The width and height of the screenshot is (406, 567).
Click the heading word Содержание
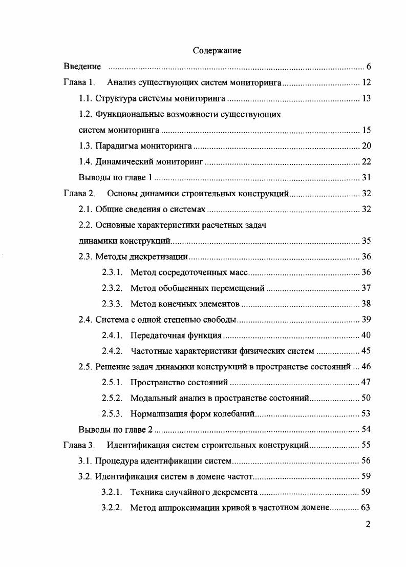[217, 51]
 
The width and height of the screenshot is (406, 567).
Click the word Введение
[82, 67]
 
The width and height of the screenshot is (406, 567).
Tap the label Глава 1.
[79, 82]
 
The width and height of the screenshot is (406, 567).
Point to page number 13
[366, 98]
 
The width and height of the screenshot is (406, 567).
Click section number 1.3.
[85, 146]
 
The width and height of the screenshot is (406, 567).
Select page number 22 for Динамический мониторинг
[366, 162]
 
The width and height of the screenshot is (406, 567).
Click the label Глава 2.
[79, 194]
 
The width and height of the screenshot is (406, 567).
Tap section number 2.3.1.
[112, 272]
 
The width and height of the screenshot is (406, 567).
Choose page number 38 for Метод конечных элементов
[366, 304]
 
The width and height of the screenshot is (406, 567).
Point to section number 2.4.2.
[112, 351]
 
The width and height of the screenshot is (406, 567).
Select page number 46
[366, 367]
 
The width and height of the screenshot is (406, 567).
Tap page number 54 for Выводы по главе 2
[366, 429]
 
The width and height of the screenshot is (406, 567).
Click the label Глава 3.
[79, 445]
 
